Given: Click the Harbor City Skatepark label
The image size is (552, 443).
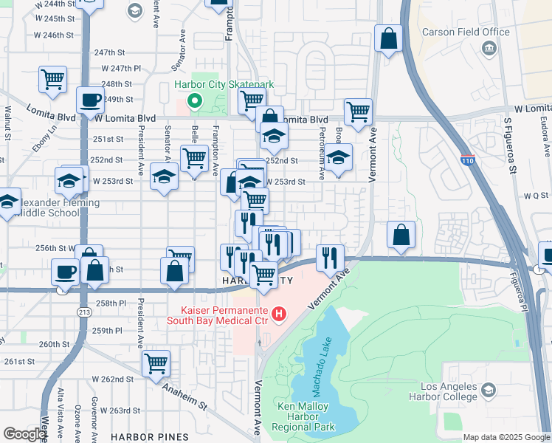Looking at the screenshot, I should click(x=224, y=85).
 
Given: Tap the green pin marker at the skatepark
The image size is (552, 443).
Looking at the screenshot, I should click(x=195, y=101).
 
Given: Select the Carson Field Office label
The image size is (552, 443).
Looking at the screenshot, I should click(x=466, y=32).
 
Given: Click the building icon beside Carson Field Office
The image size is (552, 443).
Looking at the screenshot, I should click(x=487, y=49).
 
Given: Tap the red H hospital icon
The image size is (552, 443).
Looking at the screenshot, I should click(x=278, y=315).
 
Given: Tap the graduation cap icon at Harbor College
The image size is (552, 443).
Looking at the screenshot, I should click(x=488, y=389).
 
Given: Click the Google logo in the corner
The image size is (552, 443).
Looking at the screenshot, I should click(x=24, y=434).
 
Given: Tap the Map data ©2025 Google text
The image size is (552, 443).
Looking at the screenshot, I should click(x=506, y=437).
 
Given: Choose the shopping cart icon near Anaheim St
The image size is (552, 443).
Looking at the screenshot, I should click(x=156, y=363).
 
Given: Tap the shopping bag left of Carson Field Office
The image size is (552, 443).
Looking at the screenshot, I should click(x=388, y=38).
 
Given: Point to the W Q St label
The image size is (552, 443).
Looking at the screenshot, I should click(x=536, y=196).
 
